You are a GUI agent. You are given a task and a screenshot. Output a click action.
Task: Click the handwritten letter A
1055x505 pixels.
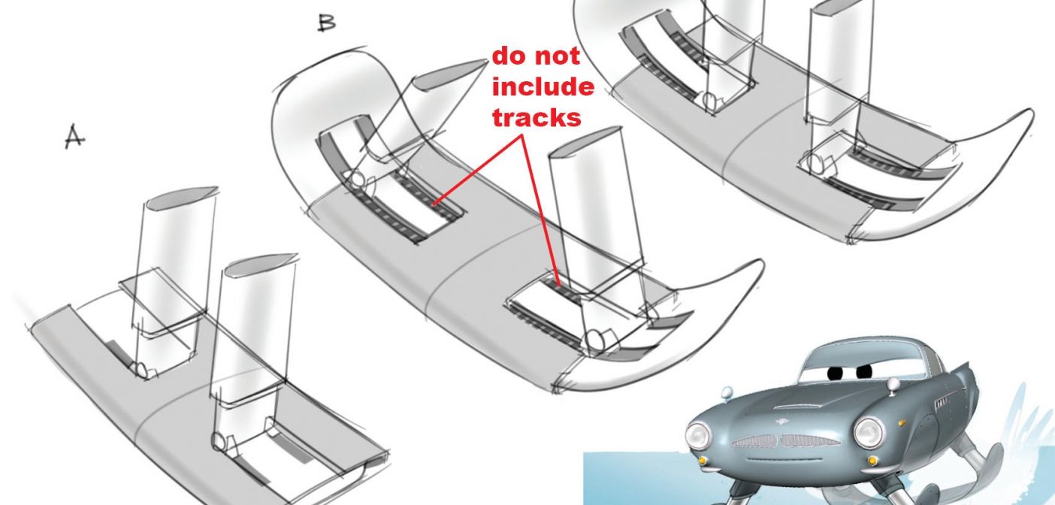point(74,136)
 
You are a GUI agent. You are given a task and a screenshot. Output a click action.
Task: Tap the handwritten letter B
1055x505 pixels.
point(326,22)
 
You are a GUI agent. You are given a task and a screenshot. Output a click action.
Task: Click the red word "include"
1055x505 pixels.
point(543,87)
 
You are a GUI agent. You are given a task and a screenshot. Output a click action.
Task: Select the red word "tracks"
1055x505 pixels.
point(537,116)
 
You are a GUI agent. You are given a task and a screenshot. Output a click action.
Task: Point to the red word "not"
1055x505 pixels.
point(558,56)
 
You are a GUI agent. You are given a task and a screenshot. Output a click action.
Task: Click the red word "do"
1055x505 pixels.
point(510,56)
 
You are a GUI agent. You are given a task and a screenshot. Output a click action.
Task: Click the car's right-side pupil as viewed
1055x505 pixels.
point(864,372)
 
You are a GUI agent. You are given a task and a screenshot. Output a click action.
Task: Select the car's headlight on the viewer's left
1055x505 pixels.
point(698,436)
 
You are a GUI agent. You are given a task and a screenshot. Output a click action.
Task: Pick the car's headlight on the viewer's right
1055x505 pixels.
point(869,432)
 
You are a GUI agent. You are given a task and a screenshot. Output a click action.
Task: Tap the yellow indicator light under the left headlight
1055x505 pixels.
point(703,459)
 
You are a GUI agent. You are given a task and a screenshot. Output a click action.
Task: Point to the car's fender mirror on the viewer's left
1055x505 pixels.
point(728,392)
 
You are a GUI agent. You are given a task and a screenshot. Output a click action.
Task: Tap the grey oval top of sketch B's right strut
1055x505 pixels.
point(583,140)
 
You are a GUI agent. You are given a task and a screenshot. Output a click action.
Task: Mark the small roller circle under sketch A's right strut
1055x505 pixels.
point(218,441)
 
